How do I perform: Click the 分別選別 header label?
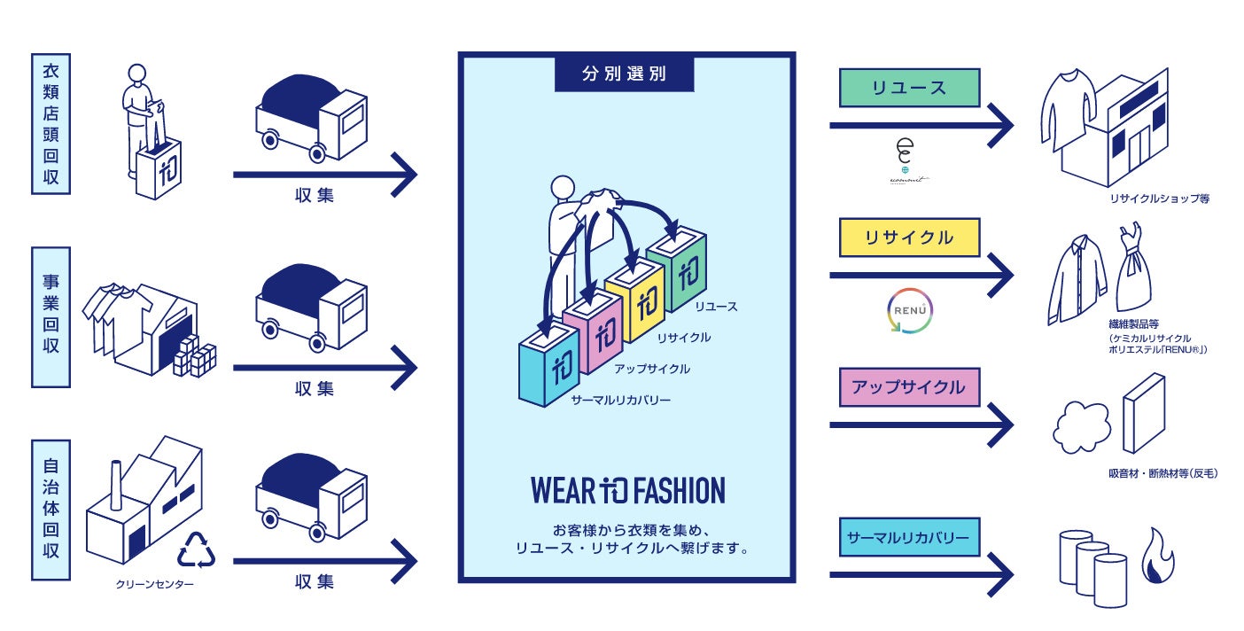tap(624, 74)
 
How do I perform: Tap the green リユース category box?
tap(909, 88)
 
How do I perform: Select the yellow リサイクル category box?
tap(909, 238)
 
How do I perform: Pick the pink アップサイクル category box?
tap(909, 387)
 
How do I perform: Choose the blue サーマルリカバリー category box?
tap(909, 537)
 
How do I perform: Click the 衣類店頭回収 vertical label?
tap(51, 123)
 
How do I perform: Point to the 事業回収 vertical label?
tap(51, 316)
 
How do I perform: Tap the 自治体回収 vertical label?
tap(51, 509)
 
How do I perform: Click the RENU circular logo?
tap(909, 311)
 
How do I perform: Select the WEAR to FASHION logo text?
tap(627, 490)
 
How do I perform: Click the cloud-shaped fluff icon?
tap(1081, 427)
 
